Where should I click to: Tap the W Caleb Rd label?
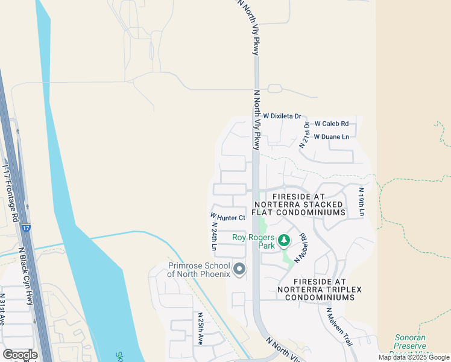click(x=332, y=124)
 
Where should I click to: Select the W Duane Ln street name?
click(x=331, y=137)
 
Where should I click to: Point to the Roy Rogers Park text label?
click(x=253, y=241)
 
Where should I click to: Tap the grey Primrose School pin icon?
click(x=239, y=269)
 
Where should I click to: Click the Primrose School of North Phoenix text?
click(x=199, y=270)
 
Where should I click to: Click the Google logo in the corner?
click(x=20, y=355)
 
